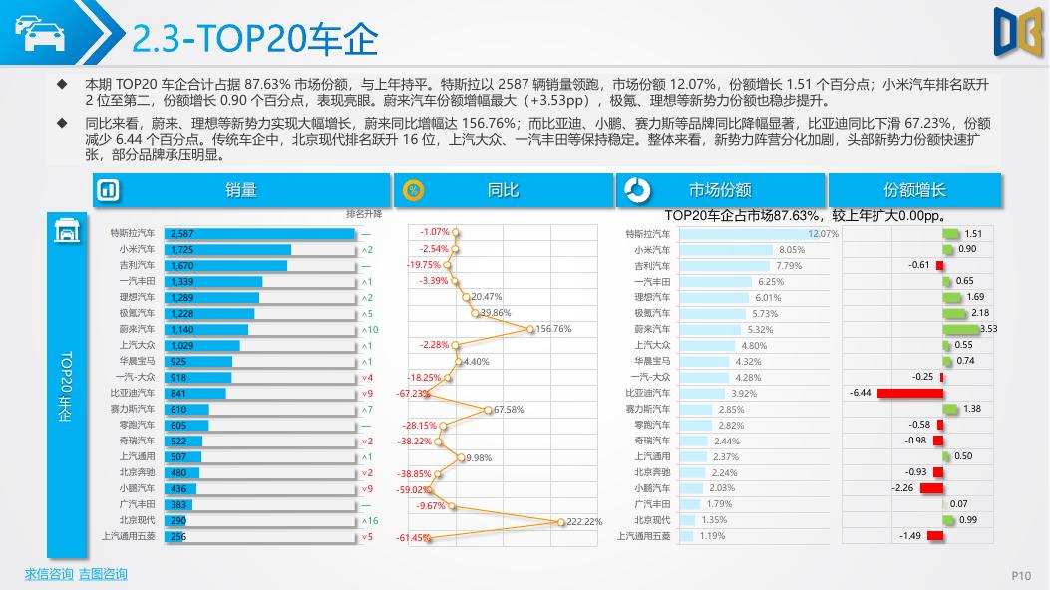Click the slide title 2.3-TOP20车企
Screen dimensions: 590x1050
(x=255, y=39)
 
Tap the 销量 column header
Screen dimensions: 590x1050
(x=240, y=190)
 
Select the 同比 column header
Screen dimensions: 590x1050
(x=503, y=190)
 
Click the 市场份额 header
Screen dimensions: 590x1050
(x=720, y=190)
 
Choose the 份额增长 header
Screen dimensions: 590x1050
(x=914, y=190)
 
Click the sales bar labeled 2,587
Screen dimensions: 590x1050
(x=259, y=233)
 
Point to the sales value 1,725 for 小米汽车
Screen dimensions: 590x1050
(x=182, y=249)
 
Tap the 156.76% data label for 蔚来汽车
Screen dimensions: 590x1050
(x=553, y=329)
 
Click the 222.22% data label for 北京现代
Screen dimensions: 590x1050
(x=584, y=521)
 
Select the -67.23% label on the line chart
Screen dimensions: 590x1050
(x=412, y=393)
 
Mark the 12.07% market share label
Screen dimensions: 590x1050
(x=823, y=233)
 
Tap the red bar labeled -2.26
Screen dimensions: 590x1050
(x=931, y=488)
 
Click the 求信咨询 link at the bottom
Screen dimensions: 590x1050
(x=48, y=574)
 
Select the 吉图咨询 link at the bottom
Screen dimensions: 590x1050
(x=103, y=574)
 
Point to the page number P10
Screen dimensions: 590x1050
(x=1021, y=575)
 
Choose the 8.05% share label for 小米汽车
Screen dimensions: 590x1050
(x=791, y=249)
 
